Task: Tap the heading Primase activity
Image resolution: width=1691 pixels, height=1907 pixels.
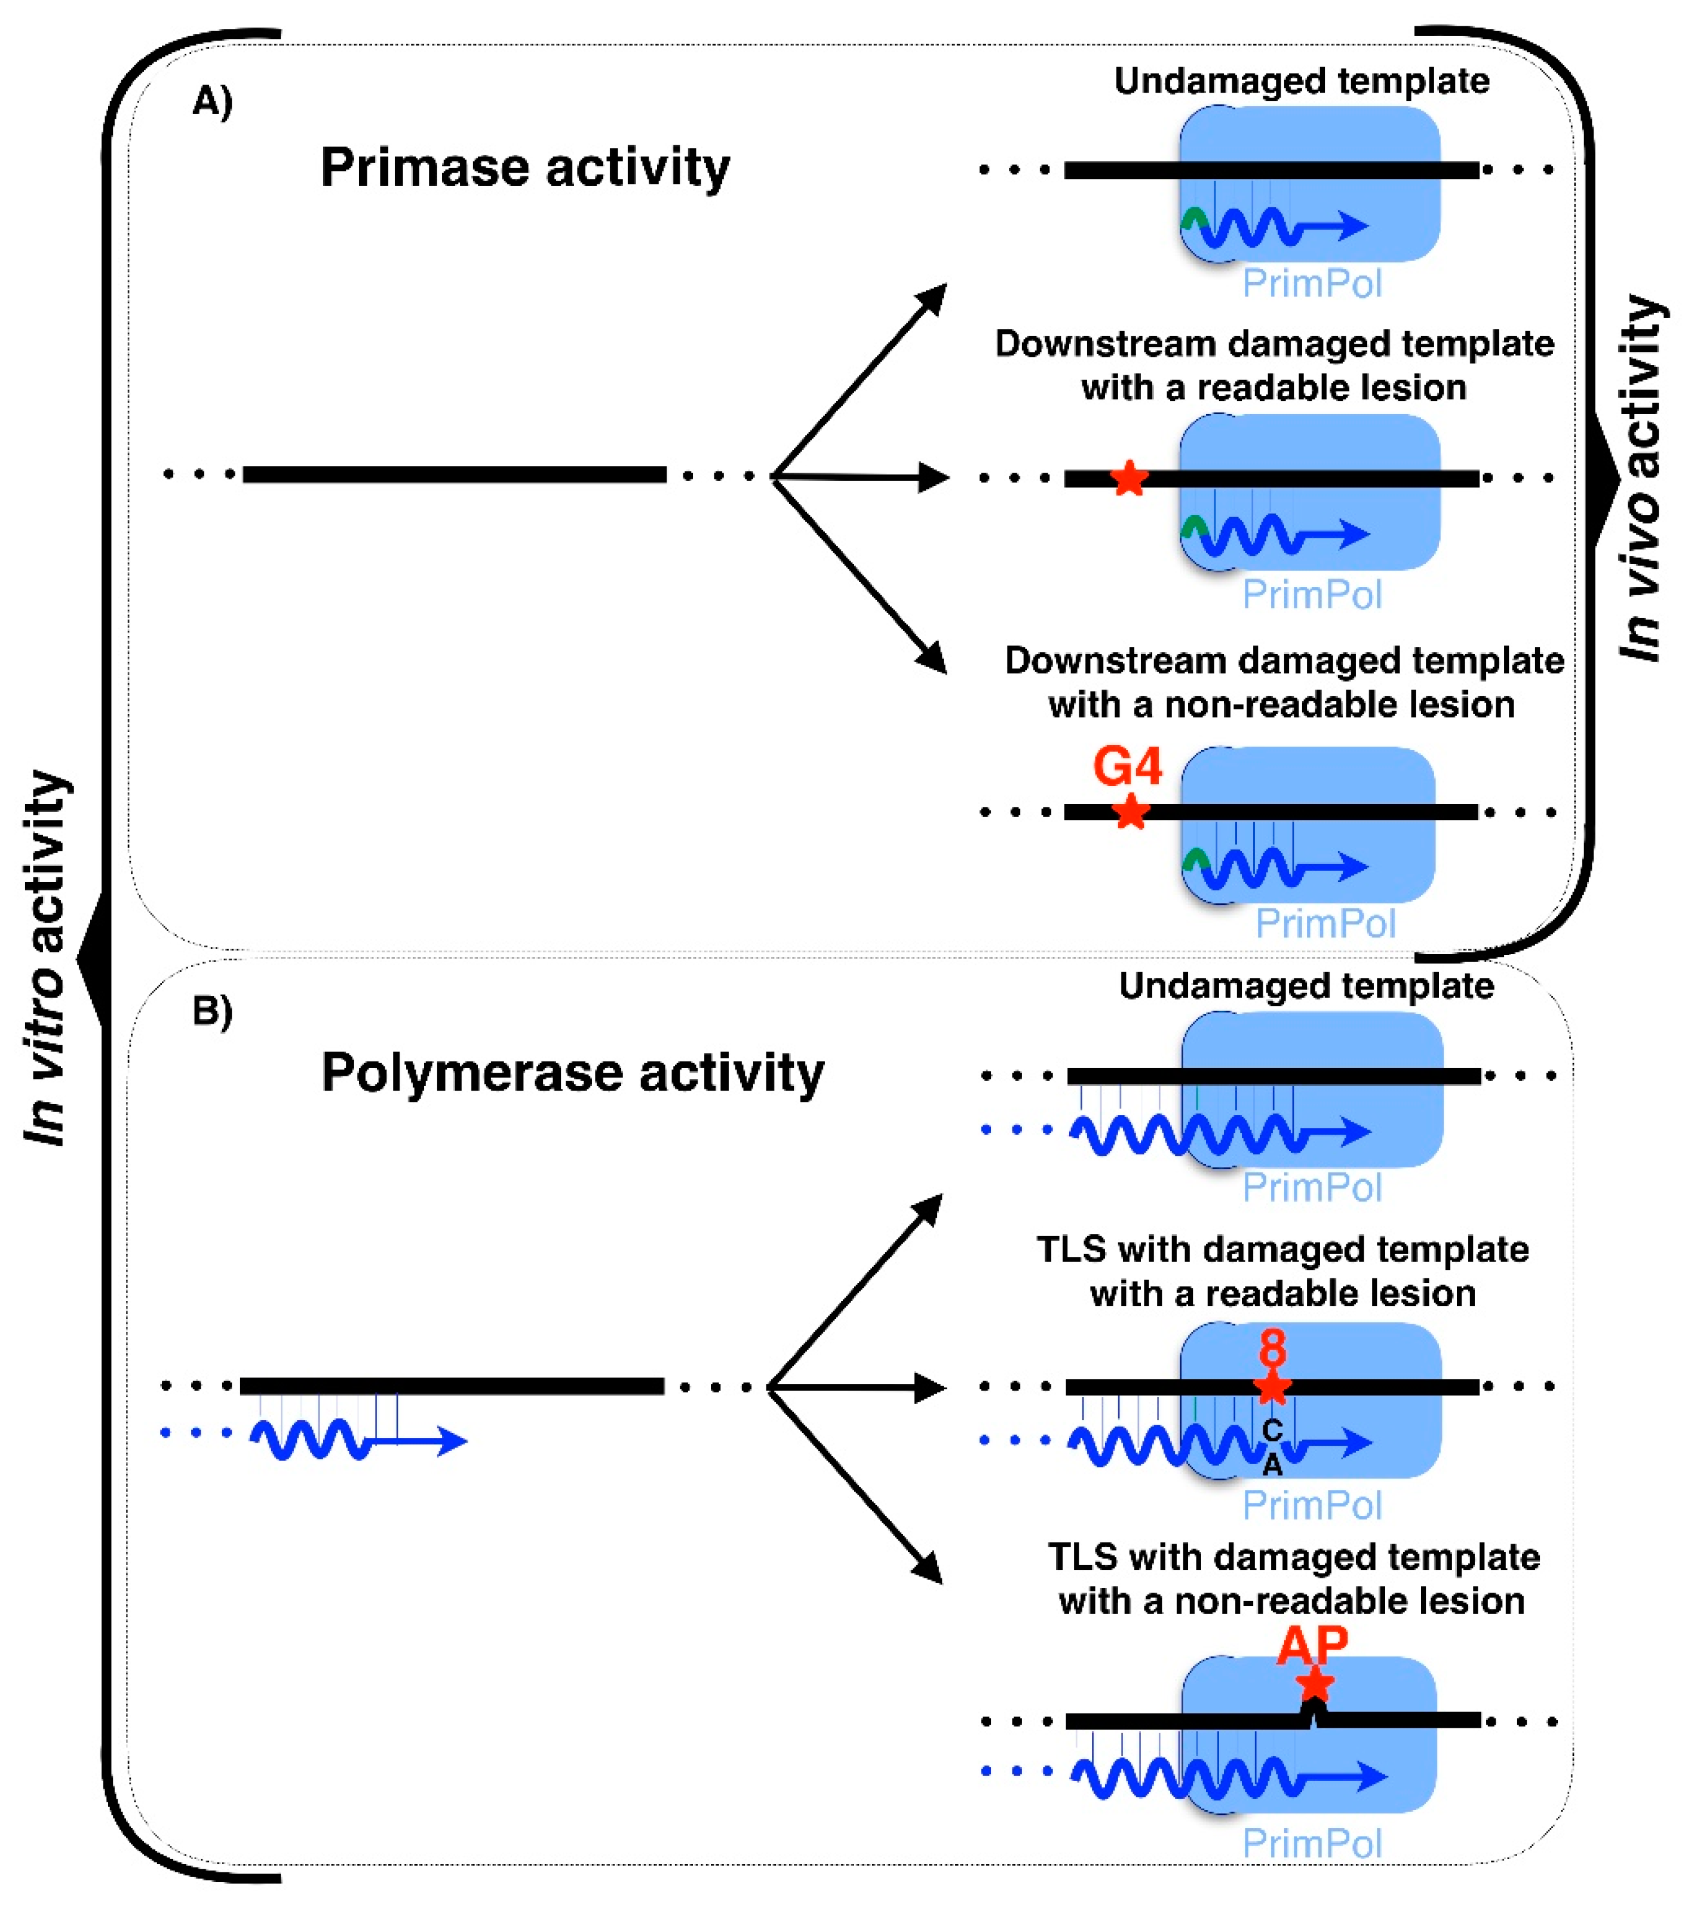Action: coord(524,168)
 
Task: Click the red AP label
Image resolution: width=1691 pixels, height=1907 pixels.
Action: coord(1311,1646)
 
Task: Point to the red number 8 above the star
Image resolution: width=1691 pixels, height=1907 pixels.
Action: coord(1272,1349)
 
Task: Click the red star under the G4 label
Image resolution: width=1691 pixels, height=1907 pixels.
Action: coord(1131,812)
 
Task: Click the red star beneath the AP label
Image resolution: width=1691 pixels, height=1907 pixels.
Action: coord(1314,1685)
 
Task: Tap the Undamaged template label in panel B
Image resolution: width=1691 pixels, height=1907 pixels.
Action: coord(1306,986)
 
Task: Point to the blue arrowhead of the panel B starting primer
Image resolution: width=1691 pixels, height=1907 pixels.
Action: coord(452,1441)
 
